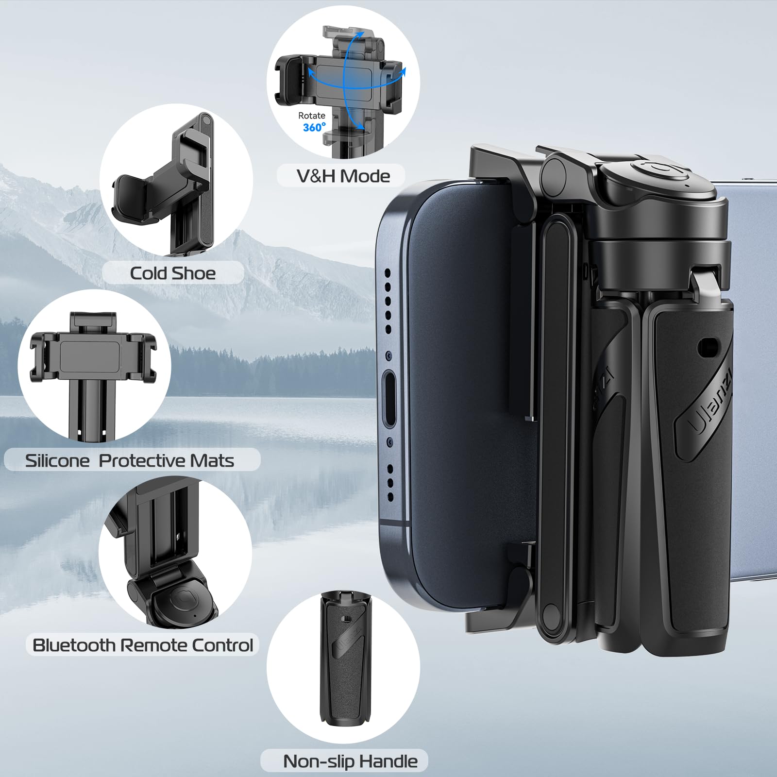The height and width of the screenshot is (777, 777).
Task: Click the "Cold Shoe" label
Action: [172, 273]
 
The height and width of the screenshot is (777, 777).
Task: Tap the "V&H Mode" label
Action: [343, 176]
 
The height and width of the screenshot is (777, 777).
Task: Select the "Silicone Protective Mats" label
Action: [130, 460]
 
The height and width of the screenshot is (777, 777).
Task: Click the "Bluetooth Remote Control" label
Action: [143, 645]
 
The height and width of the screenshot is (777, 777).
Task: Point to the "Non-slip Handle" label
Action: [350, 761]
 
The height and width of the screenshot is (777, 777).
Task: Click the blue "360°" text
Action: [314, 127]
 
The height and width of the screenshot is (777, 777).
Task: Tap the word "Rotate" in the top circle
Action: [311, 116]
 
